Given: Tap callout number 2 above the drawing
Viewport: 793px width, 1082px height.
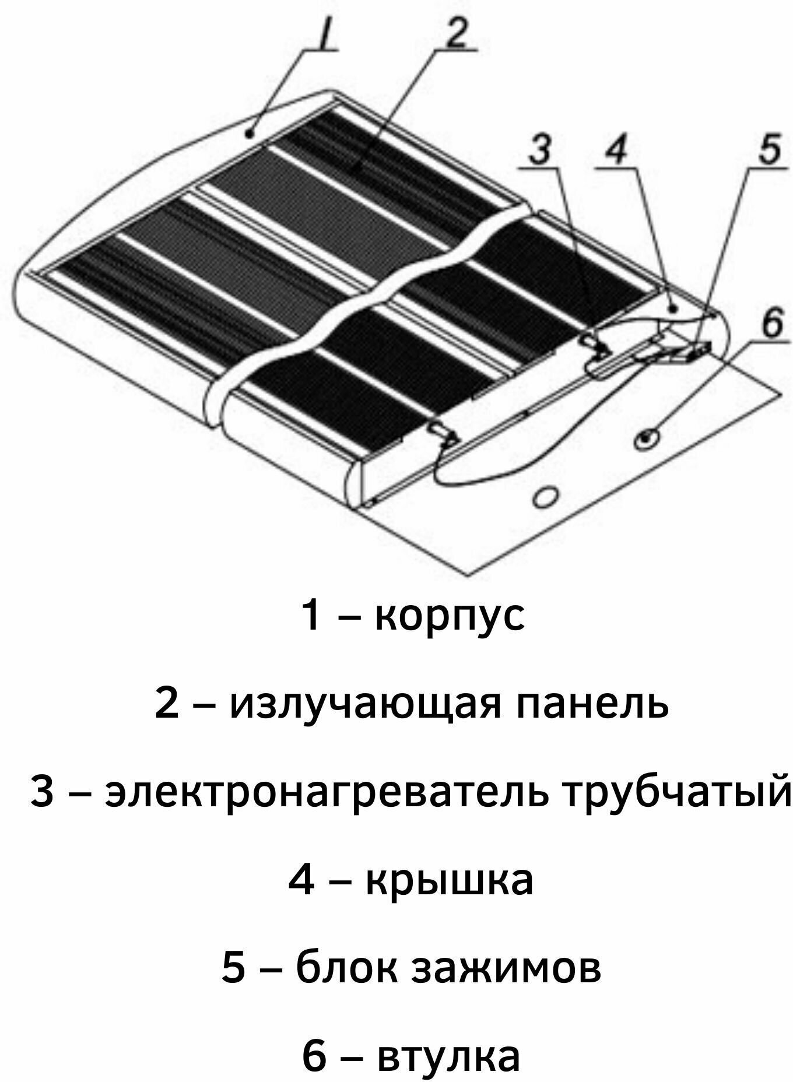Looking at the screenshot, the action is tap(459, 36).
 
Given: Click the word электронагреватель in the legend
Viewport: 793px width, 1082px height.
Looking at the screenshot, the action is tap(327, 793).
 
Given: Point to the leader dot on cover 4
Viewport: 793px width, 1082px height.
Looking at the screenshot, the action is tap(672, 308).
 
